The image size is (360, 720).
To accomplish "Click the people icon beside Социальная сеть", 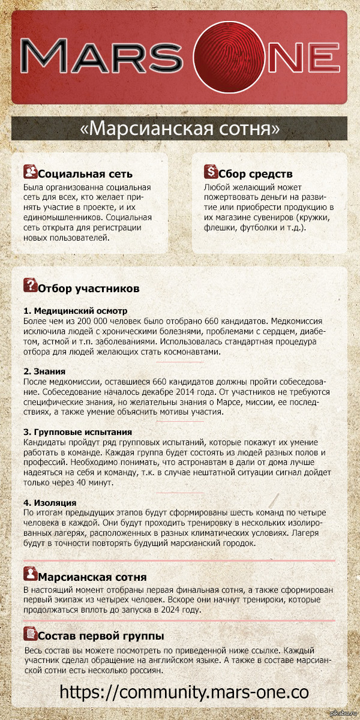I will [29, 172].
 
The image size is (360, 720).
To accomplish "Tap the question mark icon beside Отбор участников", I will [29, 286].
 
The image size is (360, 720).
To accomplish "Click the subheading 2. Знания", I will [44, 371].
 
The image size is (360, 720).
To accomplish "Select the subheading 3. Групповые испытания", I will [77, 431].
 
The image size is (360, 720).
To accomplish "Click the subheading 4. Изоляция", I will [50, 502].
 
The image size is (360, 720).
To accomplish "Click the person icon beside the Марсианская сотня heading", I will [29, 574].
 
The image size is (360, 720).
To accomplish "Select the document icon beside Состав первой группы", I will [29, 632].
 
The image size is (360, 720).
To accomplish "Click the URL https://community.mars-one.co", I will [184, 691].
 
